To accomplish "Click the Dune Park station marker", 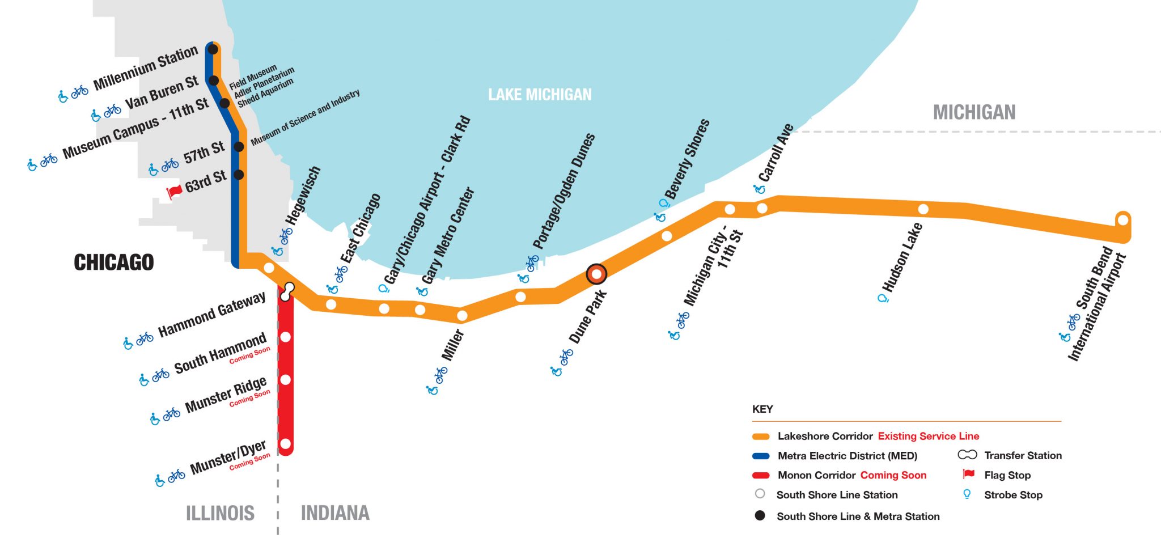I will point(596,274).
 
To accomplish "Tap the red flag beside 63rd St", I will point(175,191).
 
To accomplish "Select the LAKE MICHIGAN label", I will point(540,95).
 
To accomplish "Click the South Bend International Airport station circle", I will point(1122,219).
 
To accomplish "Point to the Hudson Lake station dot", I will point(923,209).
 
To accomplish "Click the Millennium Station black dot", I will point(213,49).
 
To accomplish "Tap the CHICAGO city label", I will point(114,262).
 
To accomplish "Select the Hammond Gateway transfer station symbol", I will point(288,291).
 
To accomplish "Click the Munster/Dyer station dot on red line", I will point(286,443).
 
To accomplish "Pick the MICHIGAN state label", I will point(974,112).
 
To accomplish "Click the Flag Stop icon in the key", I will point(968,475).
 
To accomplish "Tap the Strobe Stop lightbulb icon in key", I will point(967,494).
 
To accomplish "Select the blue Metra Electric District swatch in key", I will point(760,456).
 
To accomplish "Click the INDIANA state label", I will point(335,513).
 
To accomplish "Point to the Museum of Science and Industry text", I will point(305,117).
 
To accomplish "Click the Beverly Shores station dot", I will point(667,236).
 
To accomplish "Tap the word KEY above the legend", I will point(762,409).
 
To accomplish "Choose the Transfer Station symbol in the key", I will point(967,455).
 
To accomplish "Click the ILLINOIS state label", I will point(220,513).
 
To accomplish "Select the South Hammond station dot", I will point(286,337).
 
